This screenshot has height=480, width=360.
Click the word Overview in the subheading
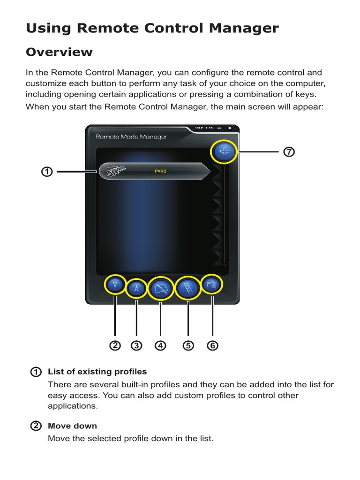tap(59, 52)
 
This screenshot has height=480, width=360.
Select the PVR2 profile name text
tap(160, 171)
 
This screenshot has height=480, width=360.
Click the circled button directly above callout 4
tap(161, 288)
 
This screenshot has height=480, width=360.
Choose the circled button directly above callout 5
tap(188, 287)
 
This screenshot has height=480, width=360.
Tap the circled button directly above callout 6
tap(212, 285)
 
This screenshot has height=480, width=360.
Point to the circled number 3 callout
tap(136, 346)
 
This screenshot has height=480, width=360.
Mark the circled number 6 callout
tap(212, 346)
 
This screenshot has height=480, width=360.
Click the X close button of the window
tap(229, 128)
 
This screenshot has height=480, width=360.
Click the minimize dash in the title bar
tap(220, 128)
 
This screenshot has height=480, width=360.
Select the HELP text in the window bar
tap(198, 128)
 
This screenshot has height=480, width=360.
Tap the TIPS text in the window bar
tap(209, 128)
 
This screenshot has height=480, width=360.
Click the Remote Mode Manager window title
tap(131, 137)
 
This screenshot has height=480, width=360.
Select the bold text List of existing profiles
tap(97, 372)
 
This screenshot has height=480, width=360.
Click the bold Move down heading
tap(72, 426)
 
